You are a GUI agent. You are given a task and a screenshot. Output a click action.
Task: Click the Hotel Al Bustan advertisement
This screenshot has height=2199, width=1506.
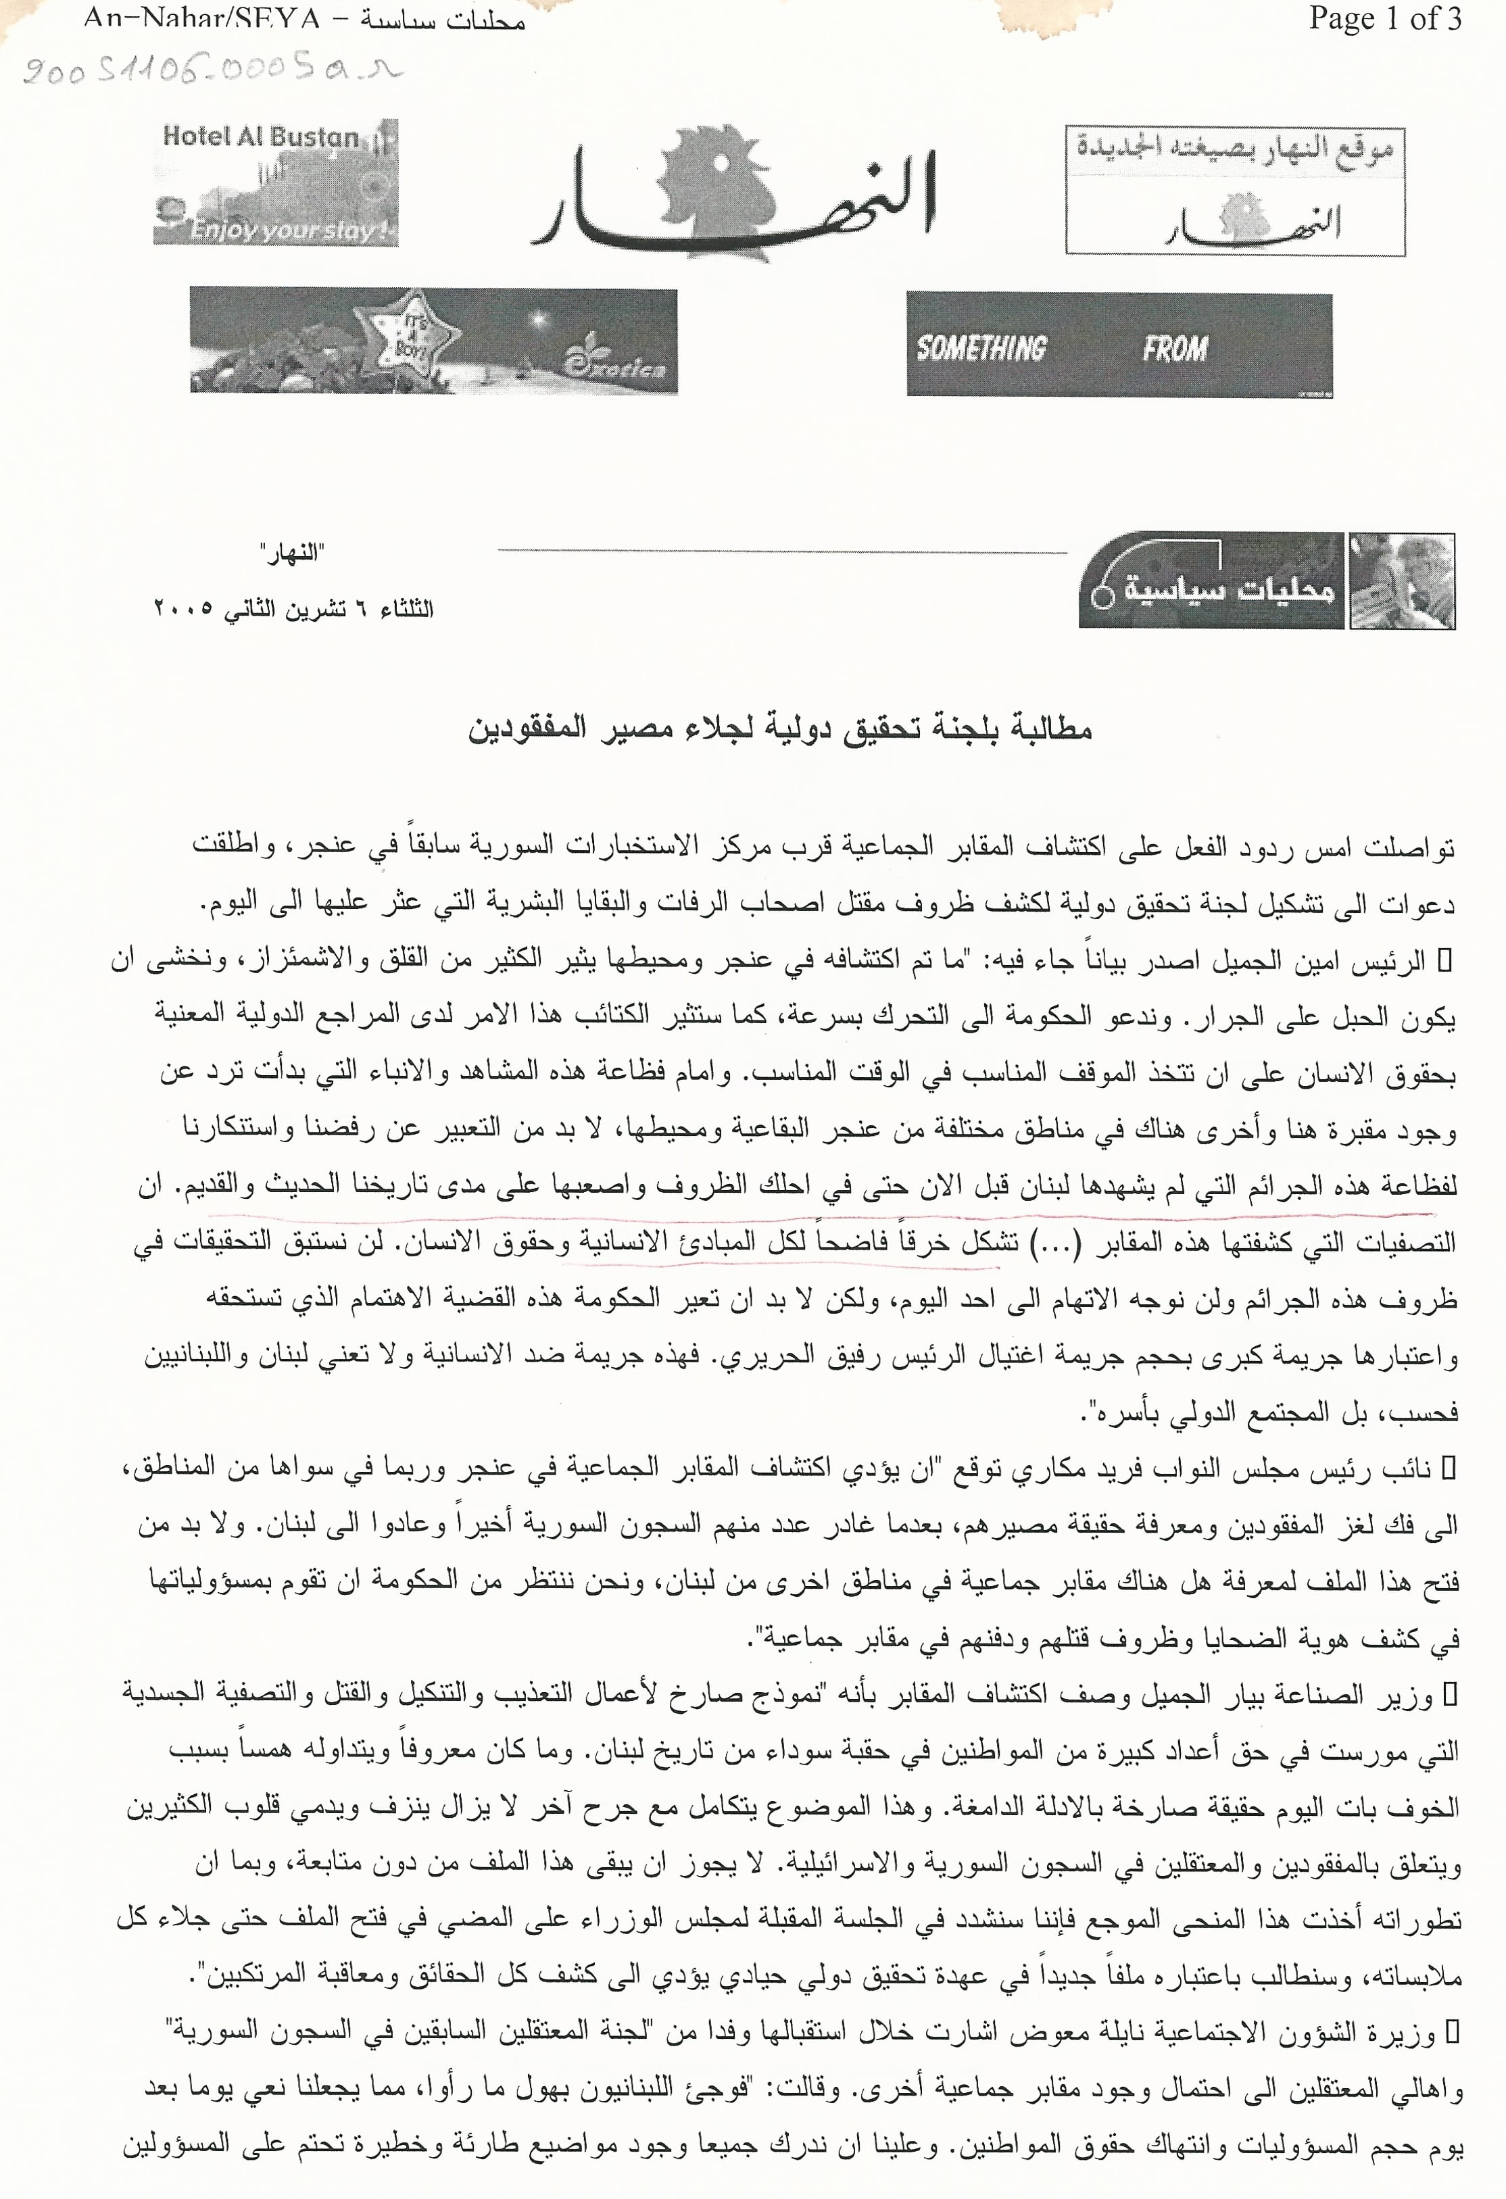tap(276, 182)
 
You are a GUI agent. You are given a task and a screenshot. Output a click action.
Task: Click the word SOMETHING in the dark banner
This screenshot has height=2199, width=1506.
tap(981, 348)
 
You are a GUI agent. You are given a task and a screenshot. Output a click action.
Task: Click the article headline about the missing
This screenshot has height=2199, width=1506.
tap(780, 728)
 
